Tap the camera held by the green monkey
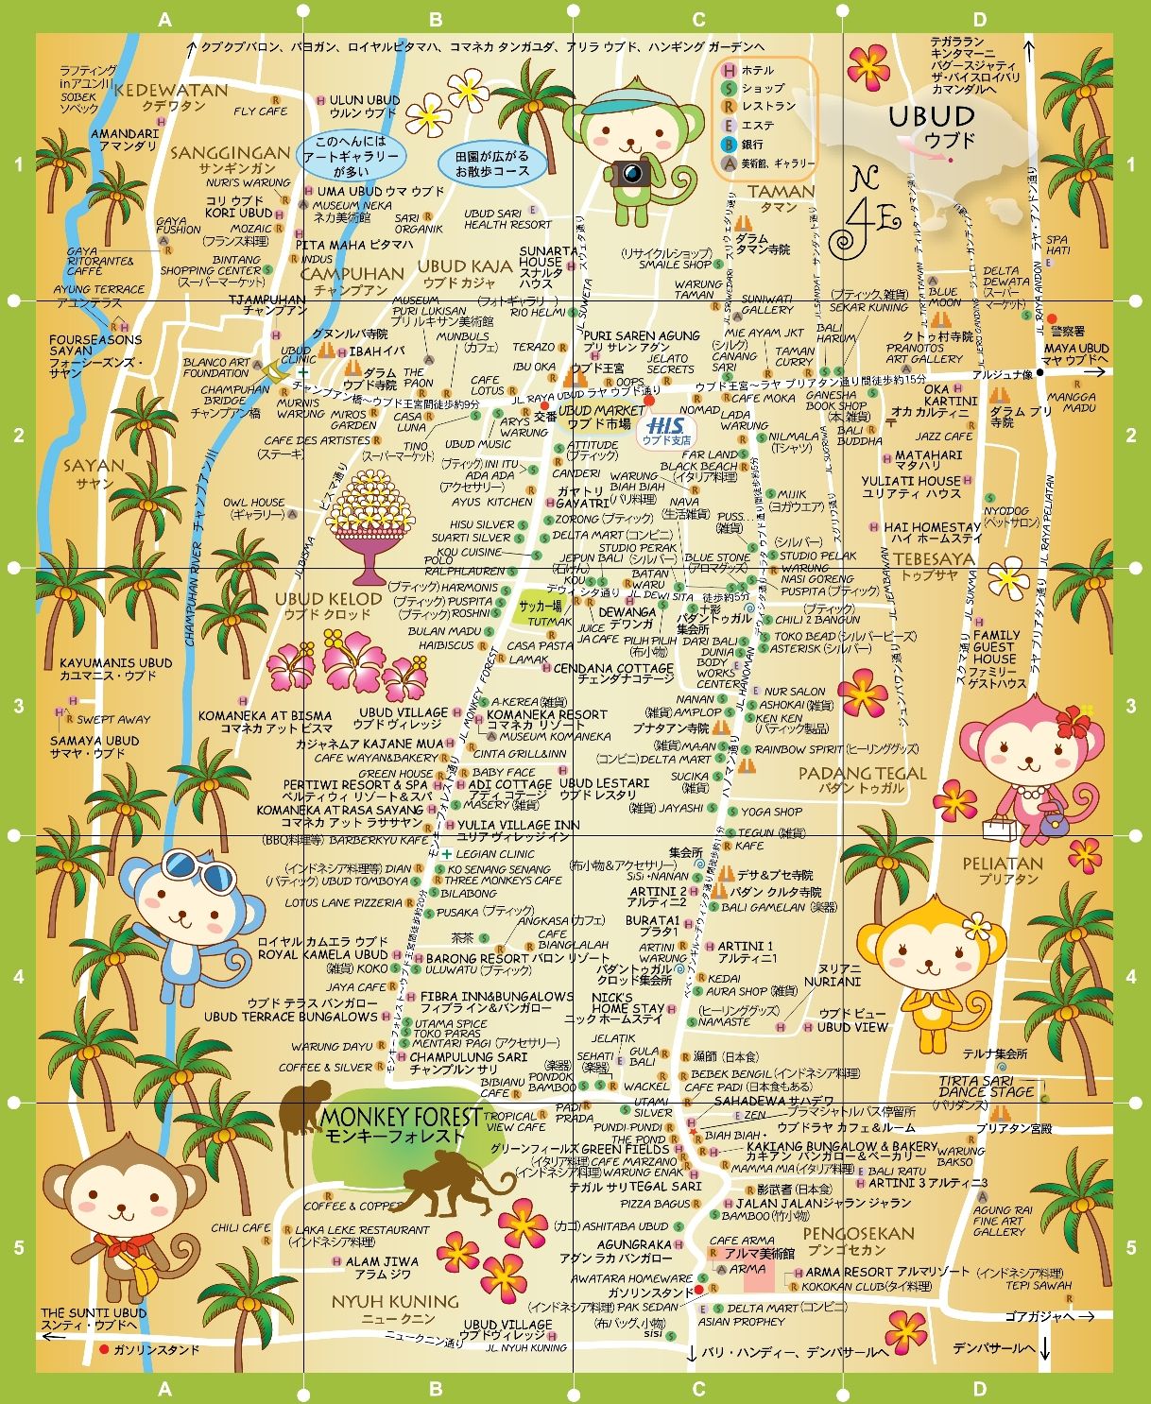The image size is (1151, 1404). point(630,173)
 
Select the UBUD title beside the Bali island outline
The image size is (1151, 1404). point(932,117)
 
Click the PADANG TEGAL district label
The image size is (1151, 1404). point(849,773)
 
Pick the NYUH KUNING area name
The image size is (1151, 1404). point(394,1301)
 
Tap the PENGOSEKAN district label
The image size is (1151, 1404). point(858,1233)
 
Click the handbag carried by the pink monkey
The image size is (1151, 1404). point(1001,829)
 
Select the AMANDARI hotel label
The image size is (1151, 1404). point(125,134)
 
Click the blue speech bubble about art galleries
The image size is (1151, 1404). point(351,156)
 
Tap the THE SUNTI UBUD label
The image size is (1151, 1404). point(94,1312)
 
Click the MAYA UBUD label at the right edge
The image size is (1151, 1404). point(1075,349)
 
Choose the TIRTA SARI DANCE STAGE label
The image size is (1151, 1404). point(986,1086)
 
